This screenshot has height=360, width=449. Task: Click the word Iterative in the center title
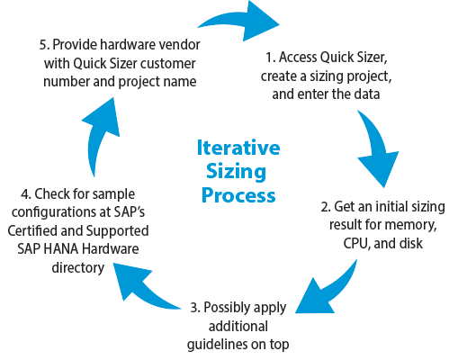238,148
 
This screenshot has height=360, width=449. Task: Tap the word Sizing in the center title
236,172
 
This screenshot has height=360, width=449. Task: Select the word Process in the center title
238,195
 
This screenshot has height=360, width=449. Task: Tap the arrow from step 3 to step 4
141,286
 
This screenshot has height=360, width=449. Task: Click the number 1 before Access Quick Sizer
270,58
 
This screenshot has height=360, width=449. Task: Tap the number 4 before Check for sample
26,194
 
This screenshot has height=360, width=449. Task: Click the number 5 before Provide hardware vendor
44,45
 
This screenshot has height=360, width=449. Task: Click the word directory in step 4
78,268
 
